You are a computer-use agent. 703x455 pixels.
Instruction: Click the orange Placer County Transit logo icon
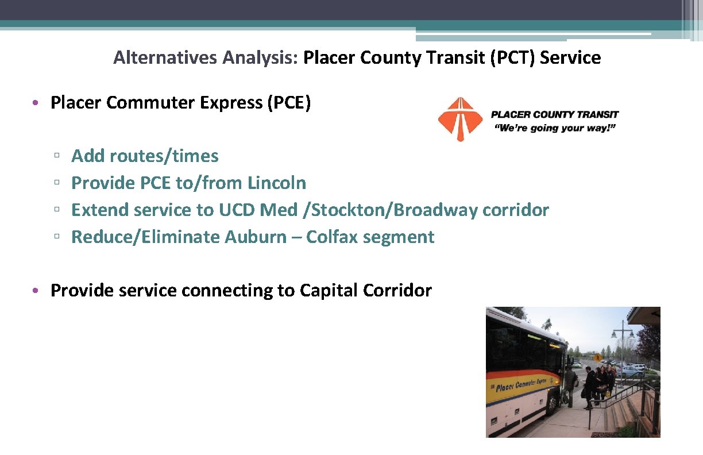click(x=460, y=119)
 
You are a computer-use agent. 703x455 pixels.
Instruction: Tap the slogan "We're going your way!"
click(x=555, y=128)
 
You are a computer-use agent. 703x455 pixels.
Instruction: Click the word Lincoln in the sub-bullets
click(x=277, y=183)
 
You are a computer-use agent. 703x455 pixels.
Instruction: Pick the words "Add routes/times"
click(x=145, y=156)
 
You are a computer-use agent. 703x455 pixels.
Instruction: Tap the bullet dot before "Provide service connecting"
click(x=36, y=291)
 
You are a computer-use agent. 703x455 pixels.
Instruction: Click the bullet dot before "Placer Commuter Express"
click(x=36, y=103)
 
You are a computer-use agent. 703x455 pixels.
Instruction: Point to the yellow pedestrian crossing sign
click(x=597, y=358)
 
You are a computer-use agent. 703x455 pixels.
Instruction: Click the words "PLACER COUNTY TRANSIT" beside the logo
click(x=555, y=114)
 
